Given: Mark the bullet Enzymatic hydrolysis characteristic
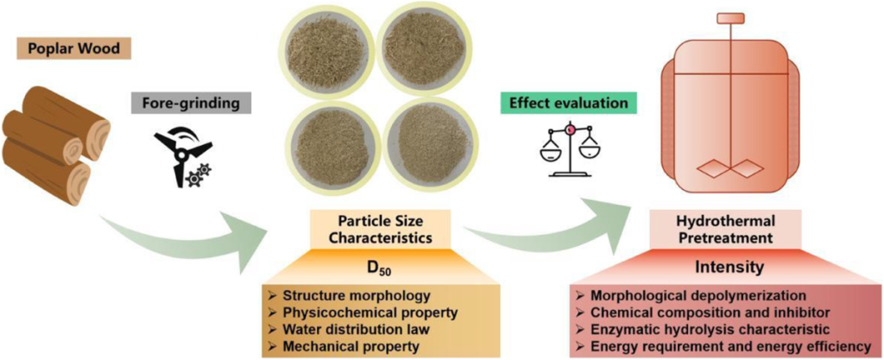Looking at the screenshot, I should pyautogui.click(x=708, y=328).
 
